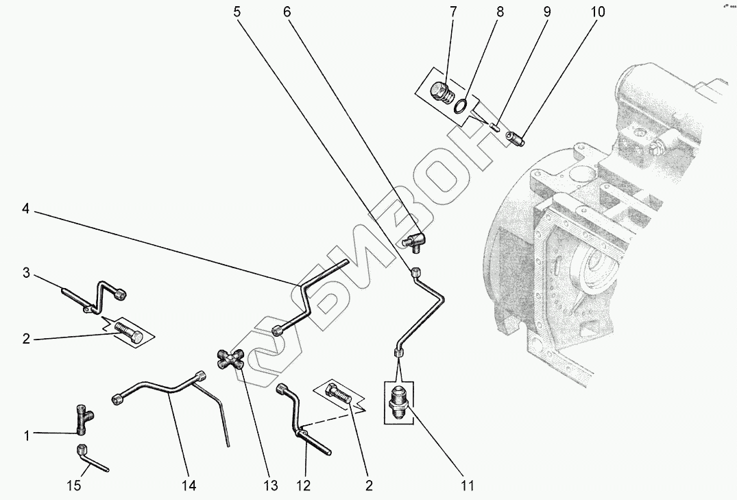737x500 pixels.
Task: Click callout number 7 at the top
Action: coord(452,11)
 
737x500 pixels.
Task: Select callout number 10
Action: coord(597,11)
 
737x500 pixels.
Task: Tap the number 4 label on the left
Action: coord(26,208)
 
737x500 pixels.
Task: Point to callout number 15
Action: coord(74,485)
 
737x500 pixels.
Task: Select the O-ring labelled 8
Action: coord(461,106)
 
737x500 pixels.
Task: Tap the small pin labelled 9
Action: coord(494,126)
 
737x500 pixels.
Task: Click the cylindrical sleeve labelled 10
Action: coord(516,138)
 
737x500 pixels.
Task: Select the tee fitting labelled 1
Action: coord(82,418)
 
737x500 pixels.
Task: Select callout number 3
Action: coord(26,273)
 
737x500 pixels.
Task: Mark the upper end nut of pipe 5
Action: coord(416,272)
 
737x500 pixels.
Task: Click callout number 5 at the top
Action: coord(237,11)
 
